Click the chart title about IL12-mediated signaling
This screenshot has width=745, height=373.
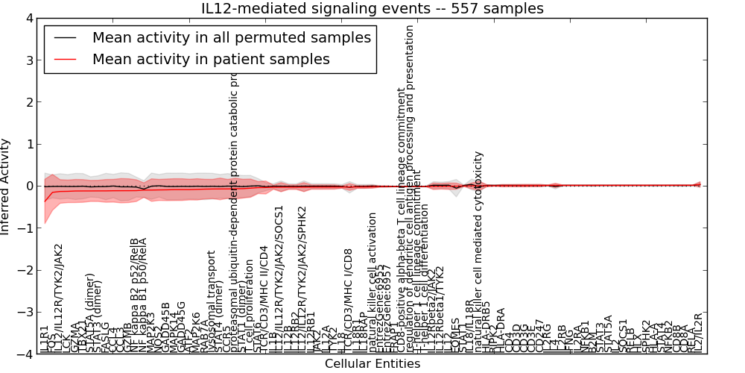pyautogui.click(x=372, y=9)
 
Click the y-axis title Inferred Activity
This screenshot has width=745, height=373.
pyautogui.click(x=6, y=186)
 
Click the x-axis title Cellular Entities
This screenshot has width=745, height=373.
pyautogui.click(x=372, y=364)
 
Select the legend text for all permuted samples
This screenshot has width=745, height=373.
pyautogui.click(x=231, y=37)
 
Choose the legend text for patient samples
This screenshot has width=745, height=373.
pyautogui.click(x=211, y=60)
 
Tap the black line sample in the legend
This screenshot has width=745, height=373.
pyautogui.click(x=65, y=38)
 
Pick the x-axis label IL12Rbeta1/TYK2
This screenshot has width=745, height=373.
pyautogui.click(x=439, y=309)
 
